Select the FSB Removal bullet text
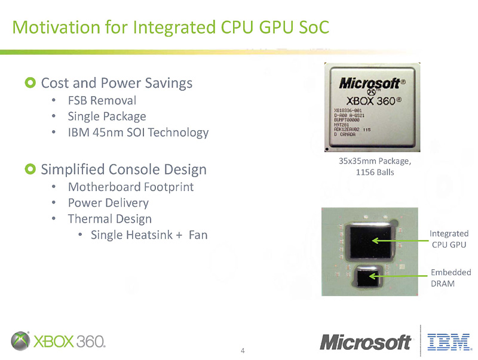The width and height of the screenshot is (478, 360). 102,100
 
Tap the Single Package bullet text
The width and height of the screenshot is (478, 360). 106,116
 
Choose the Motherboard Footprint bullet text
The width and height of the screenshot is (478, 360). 130,187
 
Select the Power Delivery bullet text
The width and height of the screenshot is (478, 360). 108,203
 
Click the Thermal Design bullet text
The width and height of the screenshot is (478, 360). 109,219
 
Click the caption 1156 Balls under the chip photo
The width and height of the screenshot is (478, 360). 375,173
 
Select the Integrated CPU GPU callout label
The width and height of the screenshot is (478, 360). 449,238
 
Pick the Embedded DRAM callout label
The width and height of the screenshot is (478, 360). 451,278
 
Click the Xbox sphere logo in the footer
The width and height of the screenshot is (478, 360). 21,340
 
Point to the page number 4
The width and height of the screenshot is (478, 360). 243,350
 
